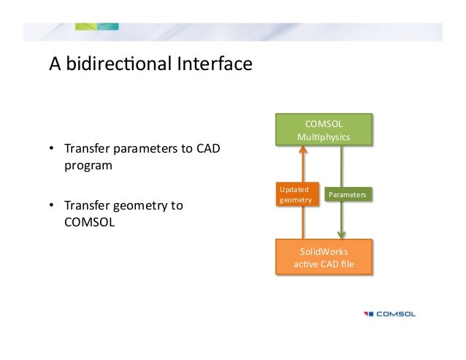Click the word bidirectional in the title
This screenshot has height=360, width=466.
pos(117,65)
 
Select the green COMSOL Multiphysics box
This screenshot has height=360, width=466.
pos(324,130)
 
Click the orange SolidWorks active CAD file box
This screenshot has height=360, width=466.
pos(324,257)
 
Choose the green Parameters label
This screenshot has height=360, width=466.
pos(347,195)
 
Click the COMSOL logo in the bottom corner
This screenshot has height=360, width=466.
pos(390,315)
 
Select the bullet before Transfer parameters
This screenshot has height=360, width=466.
pos(52,150)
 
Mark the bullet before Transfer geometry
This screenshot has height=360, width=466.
pos(52,206)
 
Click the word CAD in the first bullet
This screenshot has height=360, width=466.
pos(207,150)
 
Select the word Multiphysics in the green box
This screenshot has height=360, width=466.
pos(324,137)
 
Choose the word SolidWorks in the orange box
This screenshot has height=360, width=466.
pos(324,250)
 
